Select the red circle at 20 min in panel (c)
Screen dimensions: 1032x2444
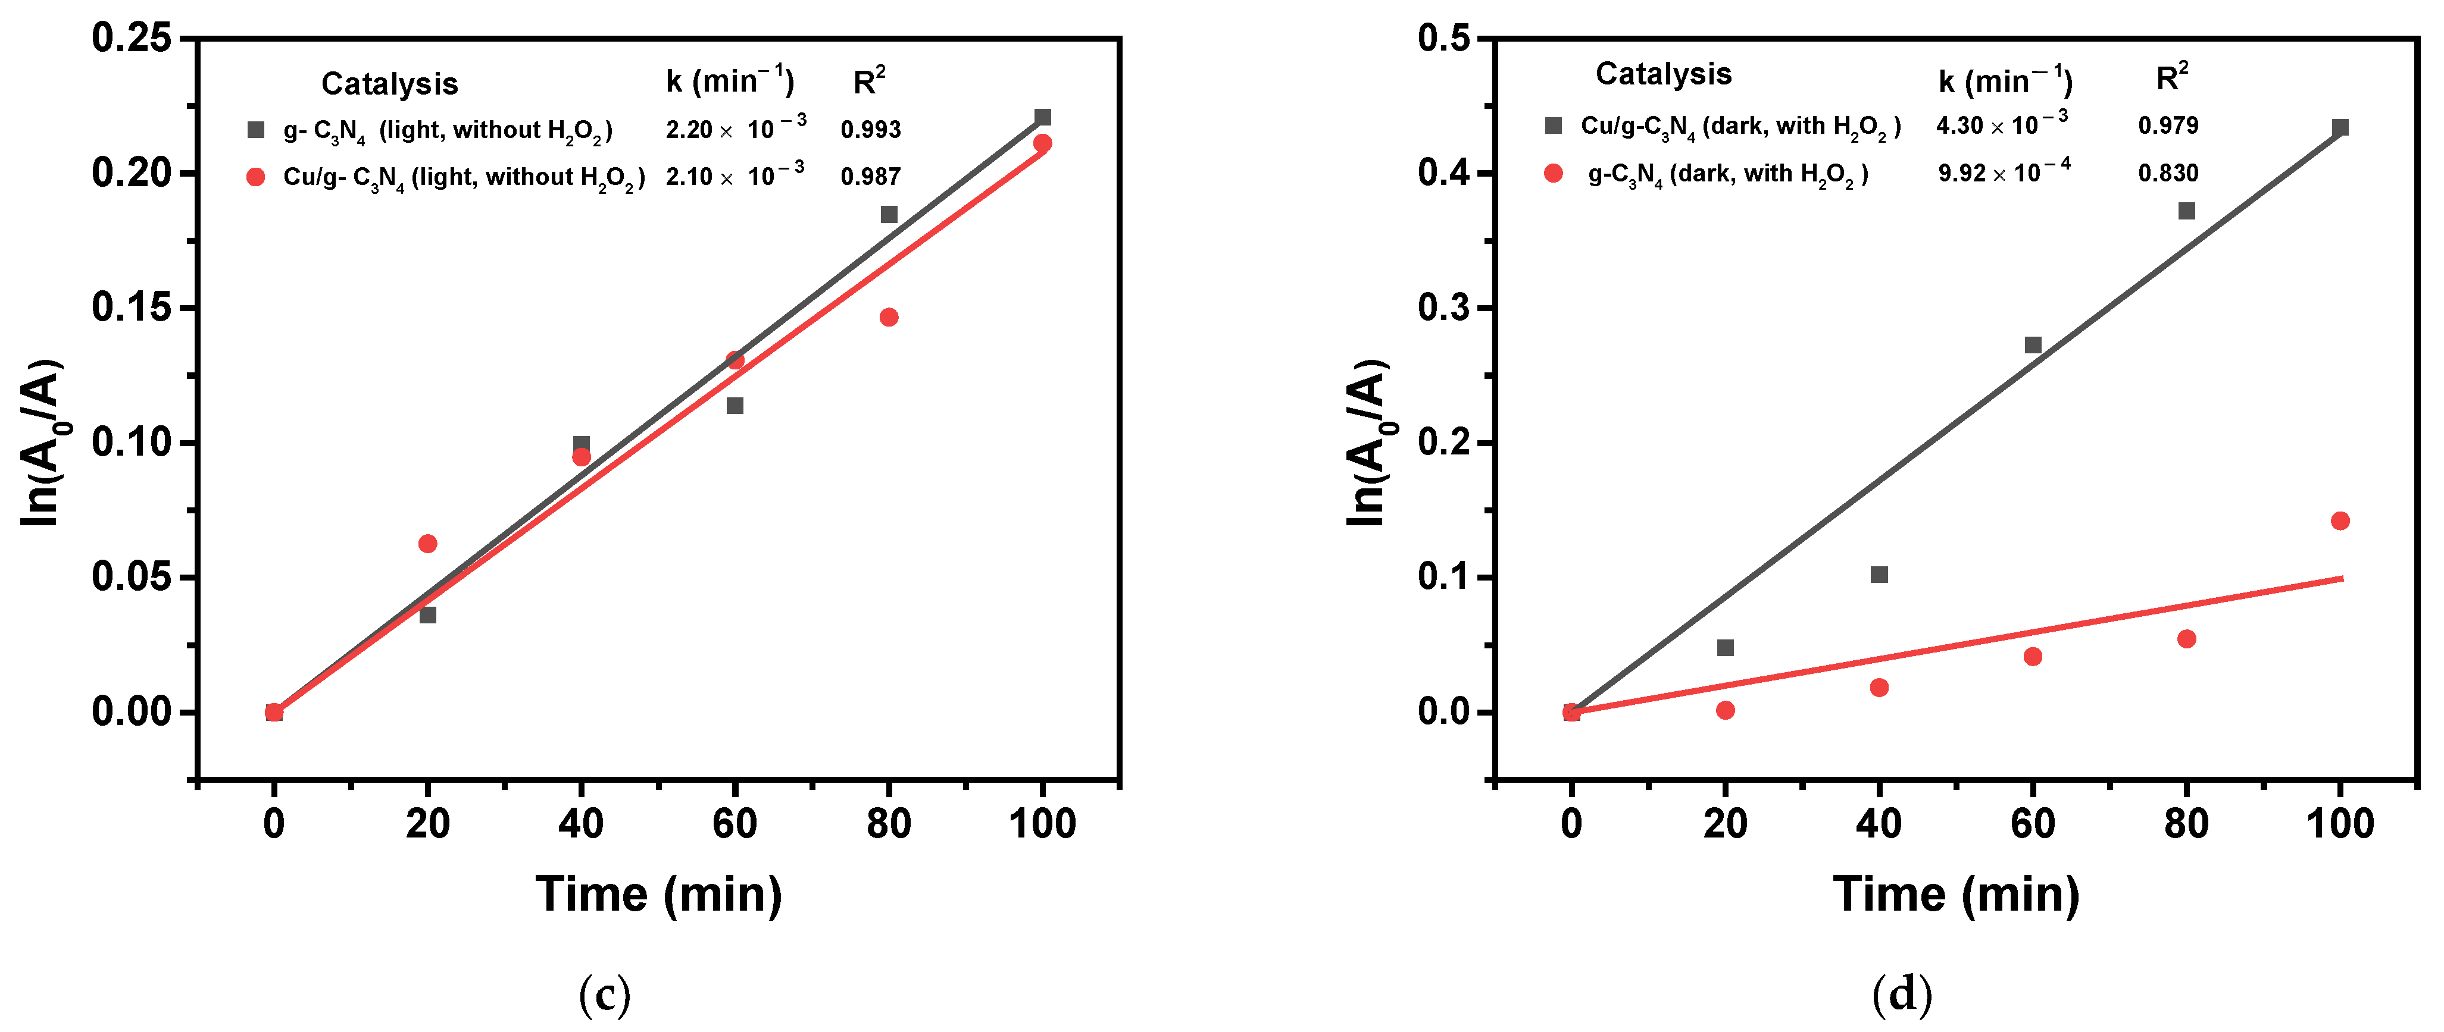(x=428, y=544)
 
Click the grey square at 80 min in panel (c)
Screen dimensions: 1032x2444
(x=889, y=214)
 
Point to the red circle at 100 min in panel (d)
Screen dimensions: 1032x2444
(x=2340, y=520)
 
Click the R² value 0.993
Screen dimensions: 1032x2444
(x=870, y=130)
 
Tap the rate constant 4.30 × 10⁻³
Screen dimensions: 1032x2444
(x=2002, y=125)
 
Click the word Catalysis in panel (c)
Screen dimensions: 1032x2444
(x=389, y=84)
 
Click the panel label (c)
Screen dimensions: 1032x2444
(x=604, y=995)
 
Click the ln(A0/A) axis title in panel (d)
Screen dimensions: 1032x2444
(x=1368, y=442)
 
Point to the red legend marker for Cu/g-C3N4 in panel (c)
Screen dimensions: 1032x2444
(x=255, y=177)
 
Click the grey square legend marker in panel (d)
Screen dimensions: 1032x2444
(x=1553, y=125)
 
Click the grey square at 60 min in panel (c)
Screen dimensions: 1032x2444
(x=735, y=406)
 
